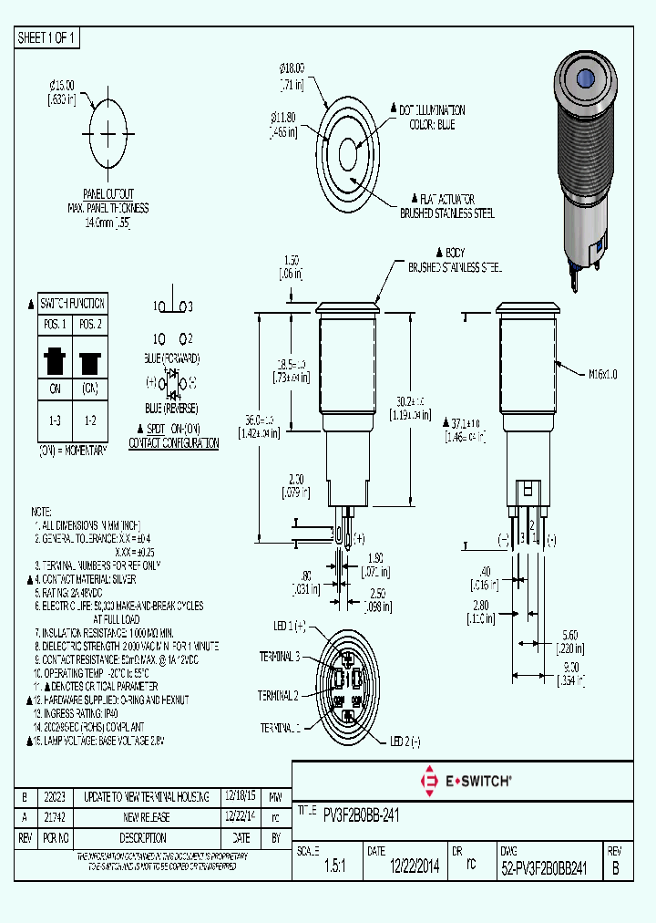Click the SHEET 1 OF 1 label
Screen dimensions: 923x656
pyautogui.click(x=47, y=37)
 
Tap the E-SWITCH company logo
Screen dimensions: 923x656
pyautogui.click(x=465, y=781)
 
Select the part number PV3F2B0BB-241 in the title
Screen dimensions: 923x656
pyautogui.click(x=361, y=814)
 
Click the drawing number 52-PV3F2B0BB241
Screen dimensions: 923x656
pyautogui.click(x=543, y=869)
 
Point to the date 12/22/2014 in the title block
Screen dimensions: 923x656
pyautogui.click(x=415, y=869)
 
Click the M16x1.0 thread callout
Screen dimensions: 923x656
pyautogui.click(x=602, y=373)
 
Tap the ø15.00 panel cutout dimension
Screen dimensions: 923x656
pyautogui.click(x=61, y=86)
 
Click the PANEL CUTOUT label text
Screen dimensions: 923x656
pyautogui.click(x=108, y=194)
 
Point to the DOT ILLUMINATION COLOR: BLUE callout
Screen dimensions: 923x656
pyautogui.click(x=432, y=117)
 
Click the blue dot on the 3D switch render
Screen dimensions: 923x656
pyautogui.click(x=583, y=78)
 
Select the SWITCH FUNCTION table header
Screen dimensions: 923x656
pyautogui.click(x=73, y=304)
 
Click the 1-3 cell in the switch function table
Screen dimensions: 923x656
pyautogui.click(x=56, y=420)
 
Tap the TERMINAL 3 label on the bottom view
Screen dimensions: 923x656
pyautogui.click(x=280, y=656)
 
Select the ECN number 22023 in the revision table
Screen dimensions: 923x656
pyautogui.click(x=55, y=796)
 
